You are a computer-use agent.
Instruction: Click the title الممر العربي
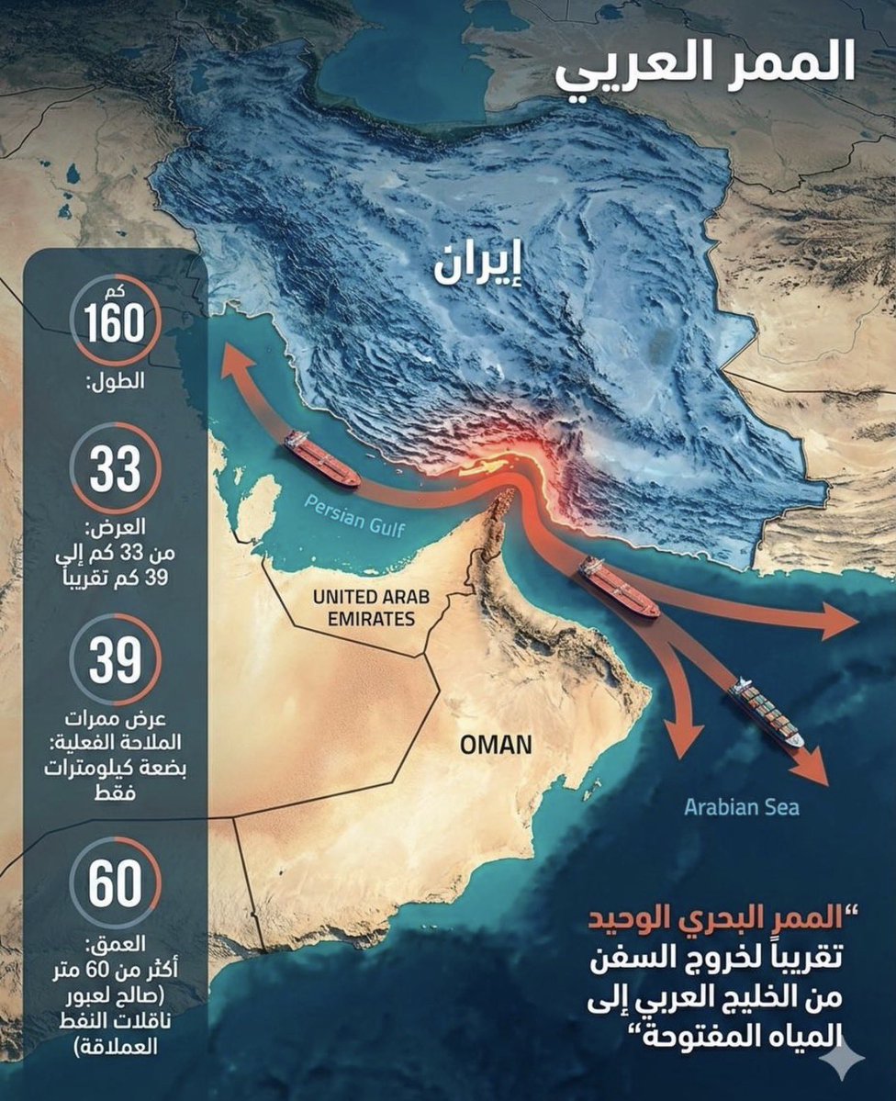pyautogui.click(x=705, y=68)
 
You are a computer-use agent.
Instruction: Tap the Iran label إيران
pyautogui.click(x=476, y=264)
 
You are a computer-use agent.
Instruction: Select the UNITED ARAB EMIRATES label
pyautogui.click(x=364, y=608)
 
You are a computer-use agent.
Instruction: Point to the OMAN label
pyautogui.click(x=496, y=744)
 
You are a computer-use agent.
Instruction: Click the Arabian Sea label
pyautogui.click(x=742, y=808)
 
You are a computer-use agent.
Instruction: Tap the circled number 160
pyautogui.click(x=116, y=323)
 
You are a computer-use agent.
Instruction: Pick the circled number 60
pyautogui.click(x=116, y=883)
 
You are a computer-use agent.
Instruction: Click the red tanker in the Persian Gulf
pyautogui.click(x=321, y=458)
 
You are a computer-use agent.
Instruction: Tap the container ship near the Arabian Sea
pyautogui.click(x=766, y=712)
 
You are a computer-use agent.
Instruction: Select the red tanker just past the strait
pyautogui.click(x=618, y=588)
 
